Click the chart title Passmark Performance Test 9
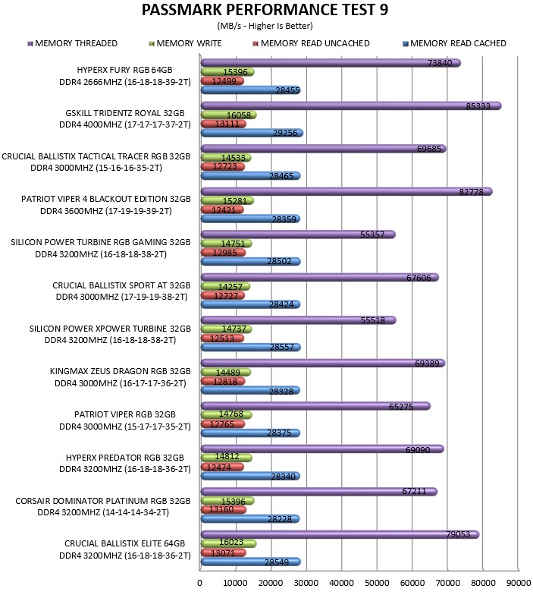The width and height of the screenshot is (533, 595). click(265, 10)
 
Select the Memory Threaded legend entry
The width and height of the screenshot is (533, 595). click(73, 44)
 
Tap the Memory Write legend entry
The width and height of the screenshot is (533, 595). click(185, 44)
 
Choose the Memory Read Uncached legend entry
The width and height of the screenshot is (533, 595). click(311, 44)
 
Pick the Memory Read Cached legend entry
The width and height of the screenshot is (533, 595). click(454, 44)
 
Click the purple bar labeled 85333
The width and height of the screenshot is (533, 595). click(351, 106)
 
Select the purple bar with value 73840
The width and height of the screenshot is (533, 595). click(331, 63)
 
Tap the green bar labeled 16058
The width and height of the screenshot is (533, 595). click(229, 115)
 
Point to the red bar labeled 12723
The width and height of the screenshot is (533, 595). click(223, 167)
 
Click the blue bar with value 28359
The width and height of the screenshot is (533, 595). click(250, 219)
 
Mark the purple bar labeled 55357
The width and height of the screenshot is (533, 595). click(298, 235)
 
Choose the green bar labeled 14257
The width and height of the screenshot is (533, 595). click(226, 287)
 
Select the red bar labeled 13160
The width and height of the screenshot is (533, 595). click(224, 510)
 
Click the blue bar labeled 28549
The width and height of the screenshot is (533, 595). click(251, 562)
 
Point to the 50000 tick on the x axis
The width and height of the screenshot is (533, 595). click(377, 583)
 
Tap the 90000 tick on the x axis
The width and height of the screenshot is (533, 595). click(519, 583)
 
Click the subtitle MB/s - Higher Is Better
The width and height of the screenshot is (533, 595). click(265, 26)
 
